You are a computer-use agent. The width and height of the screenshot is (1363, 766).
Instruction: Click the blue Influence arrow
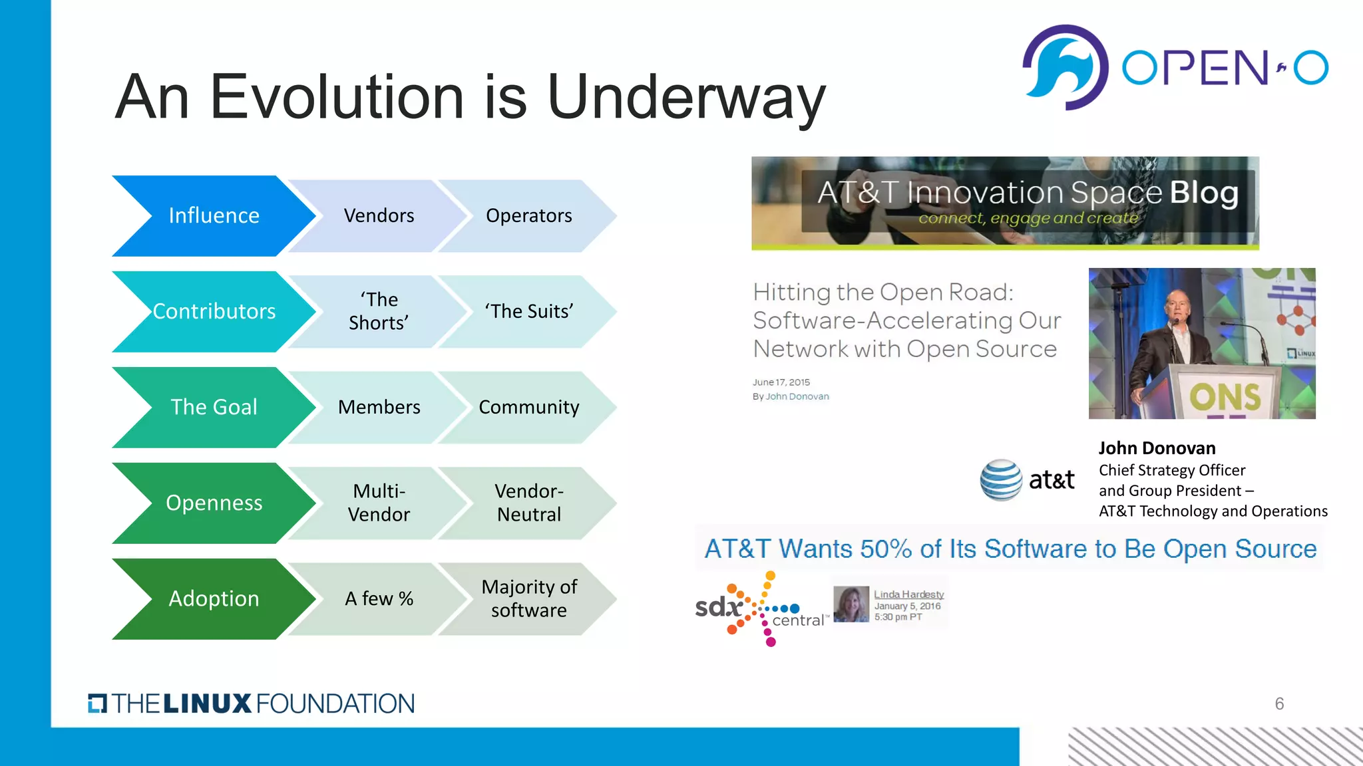click(x=213, y=216)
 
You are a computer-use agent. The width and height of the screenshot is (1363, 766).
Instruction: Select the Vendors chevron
click(x=379, y=216)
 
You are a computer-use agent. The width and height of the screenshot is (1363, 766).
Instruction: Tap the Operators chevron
click(x=529, y=216)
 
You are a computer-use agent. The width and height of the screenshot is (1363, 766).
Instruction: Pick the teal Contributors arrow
click(x=213, y=312)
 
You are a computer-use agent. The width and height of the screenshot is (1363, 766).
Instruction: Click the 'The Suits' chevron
click(x=529, y=312)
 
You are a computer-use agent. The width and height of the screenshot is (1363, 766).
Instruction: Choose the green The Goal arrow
click(x=213, y=408)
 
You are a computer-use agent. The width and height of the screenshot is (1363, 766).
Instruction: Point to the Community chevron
click(x=529, y=408)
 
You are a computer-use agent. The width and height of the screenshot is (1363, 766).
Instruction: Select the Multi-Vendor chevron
click(x=379, y=503)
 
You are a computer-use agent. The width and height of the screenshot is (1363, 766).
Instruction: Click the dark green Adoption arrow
click(x=213, y=599)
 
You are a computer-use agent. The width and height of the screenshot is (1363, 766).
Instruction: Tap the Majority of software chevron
click(x=529, y=599)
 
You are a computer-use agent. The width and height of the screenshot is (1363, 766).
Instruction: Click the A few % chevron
click(x=379, y=599)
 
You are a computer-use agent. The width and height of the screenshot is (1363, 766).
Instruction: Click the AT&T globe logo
click(x=1001, y=479)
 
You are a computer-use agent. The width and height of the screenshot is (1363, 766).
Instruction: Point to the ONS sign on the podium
click(x=1225, y=397)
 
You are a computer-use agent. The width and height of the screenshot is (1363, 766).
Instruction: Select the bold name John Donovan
click(x=1157, y=448)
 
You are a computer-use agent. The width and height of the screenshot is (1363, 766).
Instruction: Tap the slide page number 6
click(x=1279, y=703)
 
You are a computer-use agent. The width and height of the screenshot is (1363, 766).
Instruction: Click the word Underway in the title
click(x=685, y=98)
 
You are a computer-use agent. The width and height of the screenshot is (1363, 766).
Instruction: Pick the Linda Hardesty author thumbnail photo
click(x=851, y=604)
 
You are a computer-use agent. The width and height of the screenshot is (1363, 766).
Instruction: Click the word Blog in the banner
click(x=1204, y=193)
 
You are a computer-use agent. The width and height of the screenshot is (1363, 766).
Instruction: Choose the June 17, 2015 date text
click(x=781, y=382)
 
